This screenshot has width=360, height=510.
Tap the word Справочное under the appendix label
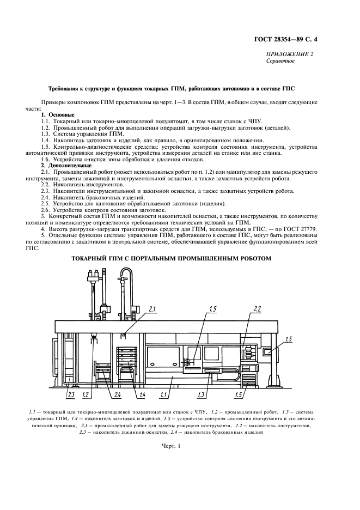coord(280,61)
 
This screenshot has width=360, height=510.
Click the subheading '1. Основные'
coord(58,116)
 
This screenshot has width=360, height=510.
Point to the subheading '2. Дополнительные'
coord(66,165)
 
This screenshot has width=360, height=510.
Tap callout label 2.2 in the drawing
coord(257,309)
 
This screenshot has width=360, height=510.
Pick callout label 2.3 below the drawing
coord(70,394)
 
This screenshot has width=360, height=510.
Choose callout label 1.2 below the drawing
coord(86,394)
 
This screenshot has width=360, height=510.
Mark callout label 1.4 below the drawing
coord(142,394)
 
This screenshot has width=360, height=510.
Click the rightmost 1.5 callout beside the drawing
coord(288,339)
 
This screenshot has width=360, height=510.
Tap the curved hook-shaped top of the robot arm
coord(126,272)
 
